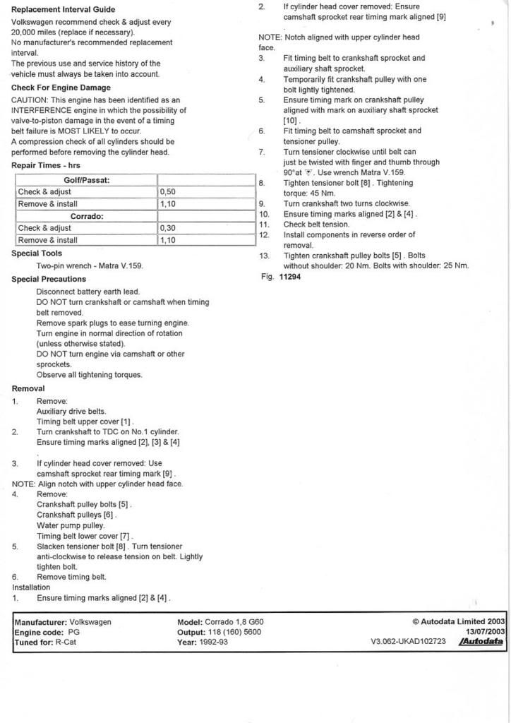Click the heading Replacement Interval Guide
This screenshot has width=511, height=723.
[x=63, y=10]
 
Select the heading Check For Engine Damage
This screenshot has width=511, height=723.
[x=61, y=88]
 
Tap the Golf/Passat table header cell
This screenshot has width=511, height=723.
[x=86, y=180]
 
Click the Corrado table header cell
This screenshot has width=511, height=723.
[x=86, y=216]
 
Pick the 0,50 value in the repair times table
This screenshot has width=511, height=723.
[x=167, y=192]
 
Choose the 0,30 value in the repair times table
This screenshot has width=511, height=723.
[x=167, y=228]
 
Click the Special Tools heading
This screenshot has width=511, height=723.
[x=37, y=253]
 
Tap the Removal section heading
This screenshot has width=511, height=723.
[x=28, y=388]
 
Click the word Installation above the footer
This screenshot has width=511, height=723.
[x=31, y=587]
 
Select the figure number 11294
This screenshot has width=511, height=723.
[x=290, y=277]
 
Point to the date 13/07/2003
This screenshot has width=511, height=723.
[x=485, y=632]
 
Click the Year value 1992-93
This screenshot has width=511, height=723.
[x=214, y=643]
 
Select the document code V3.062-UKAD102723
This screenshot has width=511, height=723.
[x=408, y=643]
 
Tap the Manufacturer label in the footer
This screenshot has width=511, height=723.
[x=40, y=622]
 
